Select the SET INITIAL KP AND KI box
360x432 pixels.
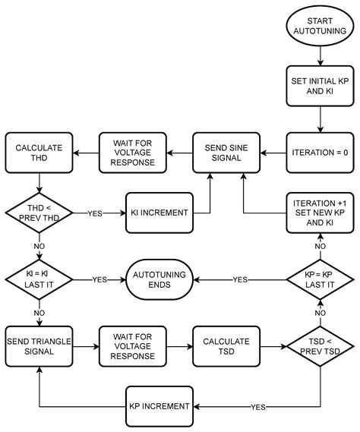320,86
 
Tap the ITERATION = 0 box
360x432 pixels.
320,152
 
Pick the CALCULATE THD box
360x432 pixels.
39,152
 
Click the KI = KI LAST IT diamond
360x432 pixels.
39,279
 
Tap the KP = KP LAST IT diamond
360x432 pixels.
320,279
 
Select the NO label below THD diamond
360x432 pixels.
39,246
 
